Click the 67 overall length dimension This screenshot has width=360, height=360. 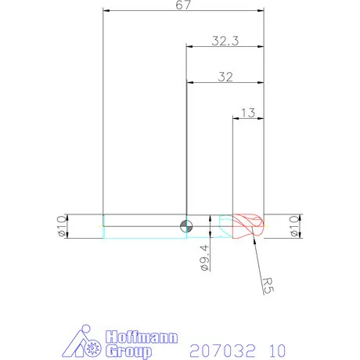click(x=183, y=5)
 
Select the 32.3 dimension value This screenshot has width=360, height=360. click(x=225, y=41)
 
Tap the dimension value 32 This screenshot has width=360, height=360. click(x=225, y=77)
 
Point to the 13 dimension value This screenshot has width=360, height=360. click(x=248, y=113)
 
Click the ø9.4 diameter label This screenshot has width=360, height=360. click(x=205, y=257)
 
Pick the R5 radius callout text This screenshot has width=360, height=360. click(x=268, y=285)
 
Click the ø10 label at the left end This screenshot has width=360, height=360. click(x=62, y=226)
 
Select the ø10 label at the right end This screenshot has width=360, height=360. click(x=294, y=226)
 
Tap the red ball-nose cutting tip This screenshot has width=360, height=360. click(x=248, y=226)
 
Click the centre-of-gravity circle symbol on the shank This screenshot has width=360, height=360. click(x=186, y=226)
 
